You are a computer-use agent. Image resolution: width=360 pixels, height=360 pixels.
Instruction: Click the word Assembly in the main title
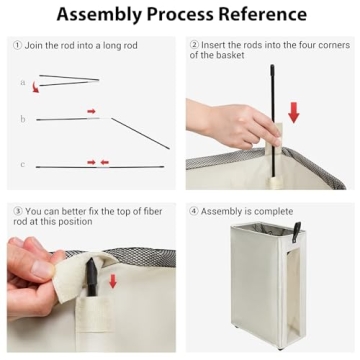100,15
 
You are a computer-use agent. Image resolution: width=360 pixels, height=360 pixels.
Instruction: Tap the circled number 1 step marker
17,45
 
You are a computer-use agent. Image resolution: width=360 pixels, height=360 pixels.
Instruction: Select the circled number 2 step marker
194,45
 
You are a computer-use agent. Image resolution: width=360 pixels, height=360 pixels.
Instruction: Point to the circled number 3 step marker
17,211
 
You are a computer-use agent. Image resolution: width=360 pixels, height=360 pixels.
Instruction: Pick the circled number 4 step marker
194,211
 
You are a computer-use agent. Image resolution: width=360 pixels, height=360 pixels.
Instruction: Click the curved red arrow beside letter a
35,88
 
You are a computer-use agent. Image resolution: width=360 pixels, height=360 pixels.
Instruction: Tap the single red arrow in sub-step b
91,111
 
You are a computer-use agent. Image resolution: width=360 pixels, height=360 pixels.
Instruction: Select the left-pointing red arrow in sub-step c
105,162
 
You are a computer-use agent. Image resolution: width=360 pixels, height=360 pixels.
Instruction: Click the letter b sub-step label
22,119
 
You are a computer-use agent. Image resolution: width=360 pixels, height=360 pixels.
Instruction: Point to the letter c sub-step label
22,165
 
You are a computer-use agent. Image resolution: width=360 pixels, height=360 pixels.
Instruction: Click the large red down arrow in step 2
294,112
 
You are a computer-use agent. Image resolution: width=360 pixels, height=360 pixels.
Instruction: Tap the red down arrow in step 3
113,281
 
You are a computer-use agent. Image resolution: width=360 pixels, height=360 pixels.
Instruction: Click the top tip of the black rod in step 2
272,66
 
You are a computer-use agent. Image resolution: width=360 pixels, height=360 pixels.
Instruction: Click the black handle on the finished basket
296,232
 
